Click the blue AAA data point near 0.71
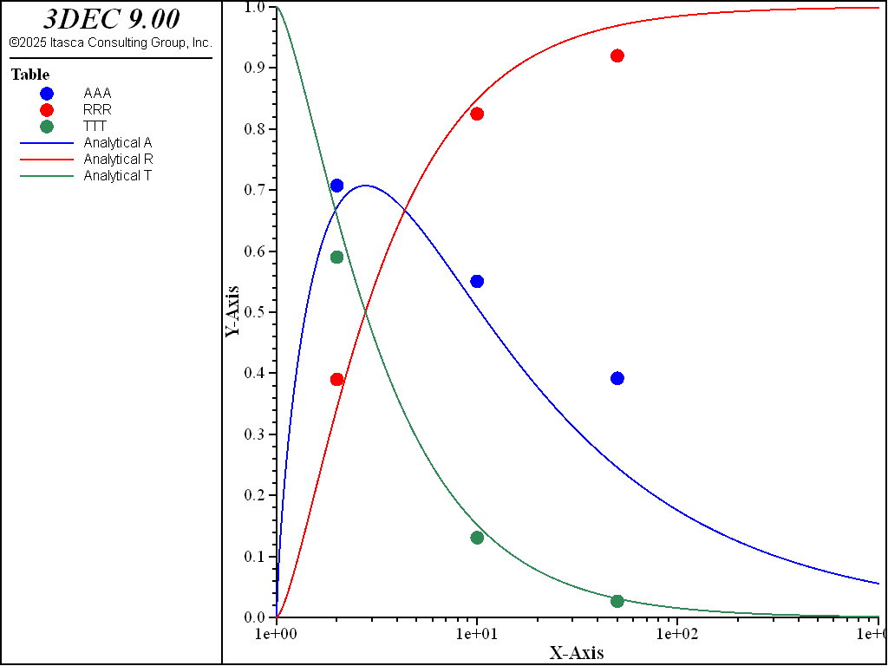pyautogui.click(x=336, y=186)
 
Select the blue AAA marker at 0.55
pyautogui.click(x=477, y=281)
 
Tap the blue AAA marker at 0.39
pyautogui.click(x=617, y=378)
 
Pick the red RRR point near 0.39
pyautogui.click(x=337, y=380)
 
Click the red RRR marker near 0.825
pyautogui.click(x=477, y=114)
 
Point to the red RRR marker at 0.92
pyautogui.click(x=617, y=55)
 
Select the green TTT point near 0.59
pyautogui.click(x=337, y=257)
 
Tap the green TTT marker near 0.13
pyautogui.click(x=477, y=538)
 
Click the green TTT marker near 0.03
pyautogui.click(x=617, y=601)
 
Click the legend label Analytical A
pyautogui.click(x=118, y=143)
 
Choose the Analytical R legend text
pyautogui.click(x=118, y=160)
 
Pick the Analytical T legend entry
pyautogui.click(x=118, y=176)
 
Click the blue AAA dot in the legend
pyautogui.click(x=47, y=94)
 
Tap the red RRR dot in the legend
pyautogui.click(x=47, y=110)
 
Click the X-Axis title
pyautogui.click(x=577, y=653)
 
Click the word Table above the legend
pyautogui.click(x=30, y=75)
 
